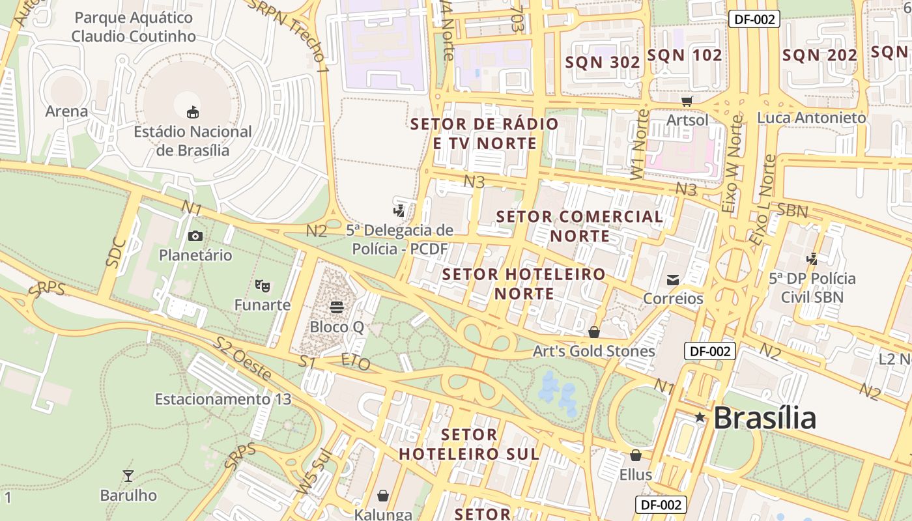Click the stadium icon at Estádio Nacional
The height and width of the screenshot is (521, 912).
pyautogui.click(x=193, y=113)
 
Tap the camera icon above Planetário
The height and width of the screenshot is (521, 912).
pyautogui.click(x=195, y=236)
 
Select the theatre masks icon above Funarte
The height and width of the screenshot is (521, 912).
pyautogui.click(x=263, y=285)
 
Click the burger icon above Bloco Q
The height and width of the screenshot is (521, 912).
pyautogui.click(x=337, y=307)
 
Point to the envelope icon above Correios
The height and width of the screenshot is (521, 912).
pyautogui.click(x=673, y=280)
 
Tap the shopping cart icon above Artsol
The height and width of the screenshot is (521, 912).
pyautogui.click(x=687, y=101)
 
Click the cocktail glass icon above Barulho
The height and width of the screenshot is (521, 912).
pyautogui.click(x=128, y=476)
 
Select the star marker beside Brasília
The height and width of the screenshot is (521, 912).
pyautogui.click(x=700, y=417)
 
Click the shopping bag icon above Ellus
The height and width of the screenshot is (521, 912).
pyautogui.click(x=635, y=455)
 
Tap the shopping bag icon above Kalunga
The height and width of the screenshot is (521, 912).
pyautogui.click(x=383, y=496)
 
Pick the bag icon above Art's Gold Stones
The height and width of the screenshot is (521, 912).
pyautogui.click(x=594, y=332)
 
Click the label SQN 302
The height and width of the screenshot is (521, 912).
pyautogui.click(x=603, y=62)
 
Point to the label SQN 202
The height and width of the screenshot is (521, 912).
pyautogui.click(x=819, y=55)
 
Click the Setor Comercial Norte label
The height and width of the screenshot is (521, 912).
pyautogui.click(x=580, y=225)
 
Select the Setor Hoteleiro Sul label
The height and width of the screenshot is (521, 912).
pyautogui.click(x=469, y=444)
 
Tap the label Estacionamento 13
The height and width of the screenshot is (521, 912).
pyautogui.click(x=223, y=399)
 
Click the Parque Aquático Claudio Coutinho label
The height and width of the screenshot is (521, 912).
pyautogui.click(x=134, y=27)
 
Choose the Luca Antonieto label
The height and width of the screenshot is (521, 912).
pyautogui.click(x=811, y=118)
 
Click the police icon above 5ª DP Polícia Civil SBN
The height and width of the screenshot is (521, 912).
pyautogui.click(x=812, y=259)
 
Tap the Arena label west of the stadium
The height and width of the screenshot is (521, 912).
pyautogui.click(x=66, y=111)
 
